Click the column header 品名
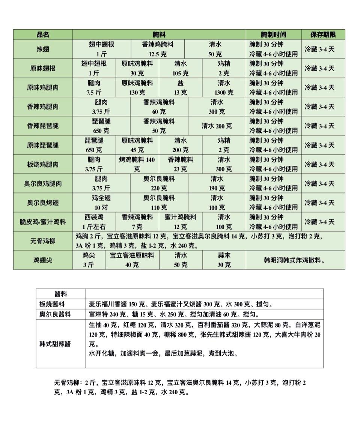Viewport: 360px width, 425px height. (43, 35)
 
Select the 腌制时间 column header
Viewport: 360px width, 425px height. (273, 35)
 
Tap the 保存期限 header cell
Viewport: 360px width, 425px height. (323, 35)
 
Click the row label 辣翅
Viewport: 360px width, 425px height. (43, 49)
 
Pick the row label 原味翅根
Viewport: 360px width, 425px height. (43, 68)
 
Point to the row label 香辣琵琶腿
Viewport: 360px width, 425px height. (43, 126)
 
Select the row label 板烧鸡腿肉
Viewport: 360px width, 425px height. (43, 164)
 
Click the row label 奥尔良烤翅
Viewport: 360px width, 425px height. (43, 203)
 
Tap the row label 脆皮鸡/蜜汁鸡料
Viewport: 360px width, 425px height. (43, 222)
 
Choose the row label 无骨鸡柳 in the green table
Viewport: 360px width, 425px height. (43, 241)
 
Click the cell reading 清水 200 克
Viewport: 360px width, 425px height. (217, 126)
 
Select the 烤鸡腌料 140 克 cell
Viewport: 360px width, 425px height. (137, 164)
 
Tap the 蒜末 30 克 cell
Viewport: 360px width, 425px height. (224, 260)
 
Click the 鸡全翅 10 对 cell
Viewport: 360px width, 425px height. (101, 203)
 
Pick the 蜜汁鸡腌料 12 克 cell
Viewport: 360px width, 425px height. (181, 222)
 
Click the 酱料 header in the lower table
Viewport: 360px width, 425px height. (61, 294)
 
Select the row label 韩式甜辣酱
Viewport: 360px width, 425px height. (55, 343)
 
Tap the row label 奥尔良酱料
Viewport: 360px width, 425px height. (55, 314)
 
